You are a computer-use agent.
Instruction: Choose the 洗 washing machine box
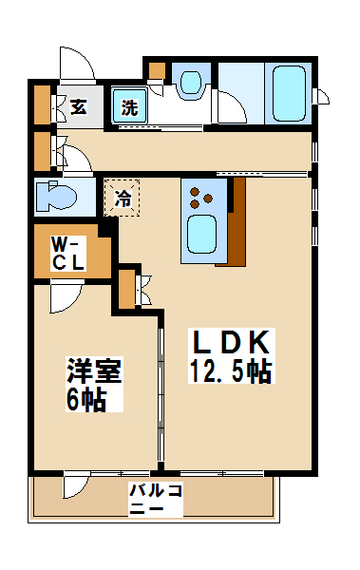pyautogui.click(x=129, y=107)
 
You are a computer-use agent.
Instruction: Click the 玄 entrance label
pyautogui.click(x=78, y=106)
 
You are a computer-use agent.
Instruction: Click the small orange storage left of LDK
pyautogui.click(x=127, y=289)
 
